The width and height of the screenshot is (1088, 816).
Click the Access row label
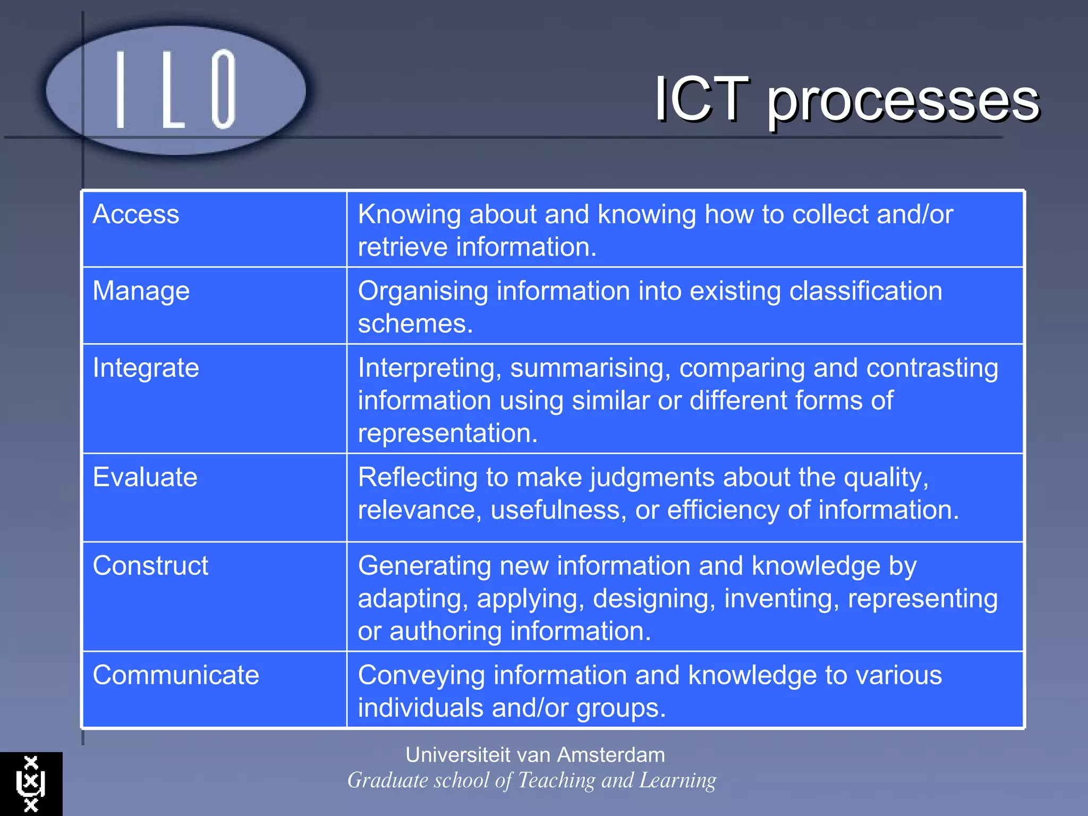(x=135, y=215)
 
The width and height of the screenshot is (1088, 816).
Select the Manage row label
(x=141, y=292)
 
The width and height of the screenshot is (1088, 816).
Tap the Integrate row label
(x=146, y=368)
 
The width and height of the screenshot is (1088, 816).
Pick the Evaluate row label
(x=144, y=477)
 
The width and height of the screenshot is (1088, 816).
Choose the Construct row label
(x=150, y=566)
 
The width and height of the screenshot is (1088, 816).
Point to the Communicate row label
(x=176, y=675)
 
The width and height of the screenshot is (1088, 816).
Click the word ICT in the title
(x=701, y=99)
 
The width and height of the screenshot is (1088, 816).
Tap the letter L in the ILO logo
(x=173, y=90)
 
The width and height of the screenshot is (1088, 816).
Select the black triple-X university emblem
(x=31, y=784)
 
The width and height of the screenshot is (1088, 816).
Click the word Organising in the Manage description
(x=423, y=292)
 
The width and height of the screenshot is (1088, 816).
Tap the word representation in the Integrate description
(x=447, y=433)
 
